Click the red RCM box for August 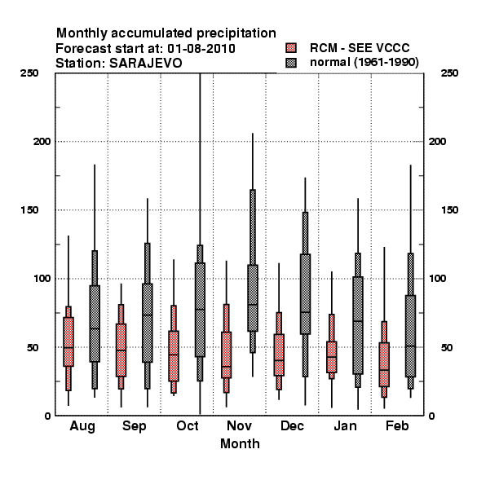click(68, 341)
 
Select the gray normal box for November click(253, 298)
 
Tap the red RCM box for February click(384, 364)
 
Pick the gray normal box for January click(358, 325)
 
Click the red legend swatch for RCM click(291, 48)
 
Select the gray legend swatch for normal click(291, 63)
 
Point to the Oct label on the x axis click(188, 425)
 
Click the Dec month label click(292, 425)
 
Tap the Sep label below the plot click(135, 426)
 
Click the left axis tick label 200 click(42, 141)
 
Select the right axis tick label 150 click(449, 210)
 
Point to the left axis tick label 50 click(33, 347)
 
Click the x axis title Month click(240, 444)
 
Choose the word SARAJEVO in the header click(146, 64)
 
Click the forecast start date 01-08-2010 click(201, 49)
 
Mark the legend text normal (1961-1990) click(364, 63)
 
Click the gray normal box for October click(200, 310)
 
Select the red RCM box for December click(279, 355)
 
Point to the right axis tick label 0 click(432, 416)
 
